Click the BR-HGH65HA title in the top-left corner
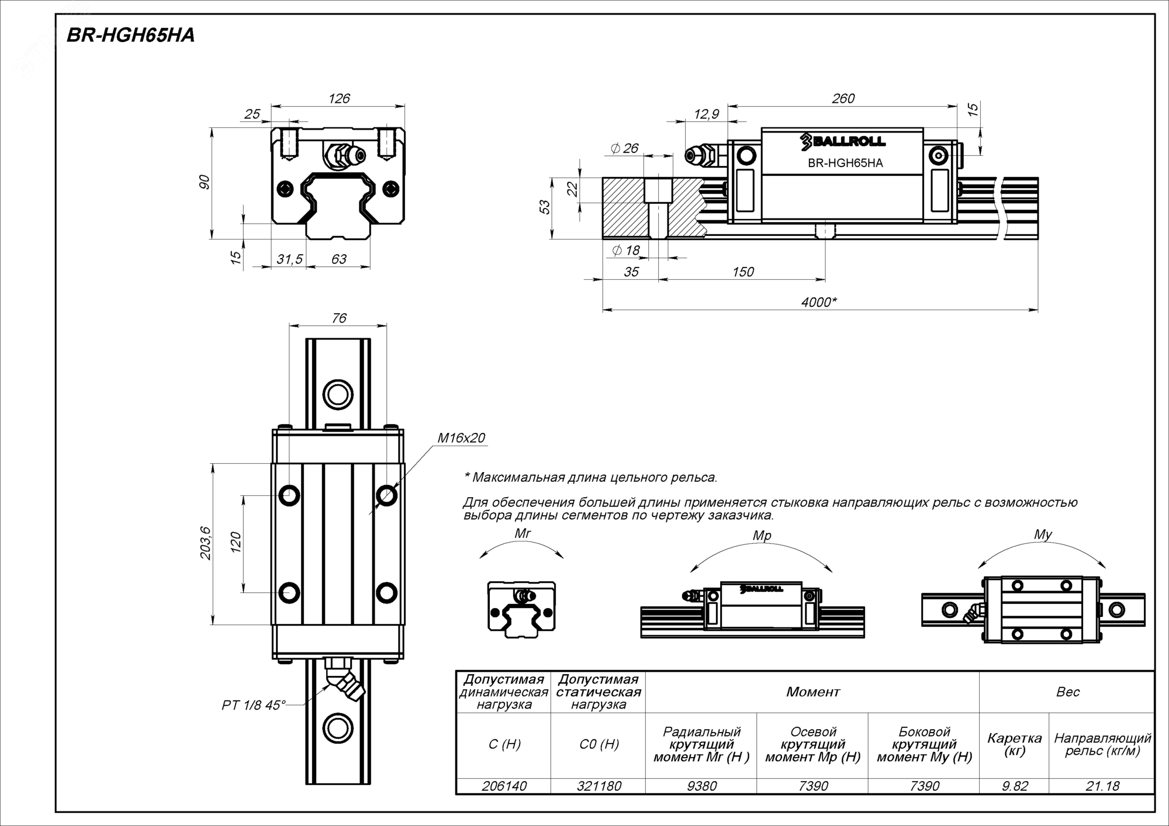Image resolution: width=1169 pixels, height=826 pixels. click(x=130, y=36)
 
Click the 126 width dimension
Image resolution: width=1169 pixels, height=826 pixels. click(x=339, y=99)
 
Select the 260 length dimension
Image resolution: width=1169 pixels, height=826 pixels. click(x=843, y=99)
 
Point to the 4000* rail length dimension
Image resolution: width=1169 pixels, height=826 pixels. click(x=819, y=302)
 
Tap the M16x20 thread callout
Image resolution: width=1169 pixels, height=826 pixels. click(x=461, y=438)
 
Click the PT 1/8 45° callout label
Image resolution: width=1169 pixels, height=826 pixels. click(x=254, y=705)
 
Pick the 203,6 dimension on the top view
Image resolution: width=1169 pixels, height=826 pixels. click(x=206, y=543)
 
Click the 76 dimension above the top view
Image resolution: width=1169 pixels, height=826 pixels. click(x=339, y=318)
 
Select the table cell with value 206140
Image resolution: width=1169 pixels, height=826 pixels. click(x=504, y=786)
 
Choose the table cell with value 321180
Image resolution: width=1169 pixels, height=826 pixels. click(x=599, y=786)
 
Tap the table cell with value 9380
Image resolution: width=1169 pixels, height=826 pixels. click(x=701, y=786)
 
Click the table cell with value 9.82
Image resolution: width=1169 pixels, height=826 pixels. click(x=1015, y=786)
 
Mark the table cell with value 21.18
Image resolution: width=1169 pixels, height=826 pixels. click(x=1102, y=786)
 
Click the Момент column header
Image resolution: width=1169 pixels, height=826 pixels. click(x=812, y=692)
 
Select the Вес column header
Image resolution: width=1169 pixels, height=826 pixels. click(x=1068, y=692)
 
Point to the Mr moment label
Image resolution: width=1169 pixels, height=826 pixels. click(x=523, y=533)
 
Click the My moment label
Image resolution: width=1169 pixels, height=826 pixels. click(x=1043, y=535)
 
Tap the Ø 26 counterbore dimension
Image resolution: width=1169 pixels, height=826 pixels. click(x=624, y=148)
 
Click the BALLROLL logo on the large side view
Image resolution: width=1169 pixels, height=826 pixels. click(x=843, y=141)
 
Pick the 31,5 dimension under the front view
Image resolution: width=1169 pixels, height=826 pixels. click(x=289, y=259)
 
